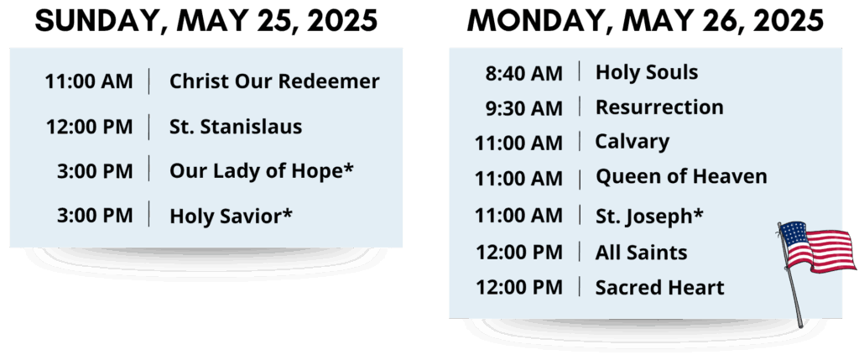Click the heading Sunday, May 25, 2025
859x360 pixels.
pyautogui.click(x=206, y=21)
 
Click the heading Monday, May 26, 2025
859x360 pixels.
pyautogui.click(x=645, y=21)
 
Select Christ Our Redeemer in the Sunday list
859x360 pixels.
pyautogui.click(x=274, y=81)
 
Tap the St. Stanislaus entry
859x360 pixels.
pyautogui.click(x=236, y=127)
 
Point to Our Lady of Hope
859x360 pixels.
pyautogui.click(x=262, y=171)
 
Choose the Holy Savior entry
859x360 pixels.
pyautogui.click(x=231, y=216)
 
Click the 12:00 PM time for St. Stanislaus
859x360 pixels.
pyautogui.click(x=89, y=127)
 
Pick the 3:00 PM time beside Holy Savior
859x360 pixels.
pyautogui.click(x=95, y=216)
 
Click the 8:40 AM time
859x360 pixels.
pyautogui.click(x=524, y=73)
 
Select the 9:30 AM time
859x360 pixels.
pyautogui.click(x=524, y=108)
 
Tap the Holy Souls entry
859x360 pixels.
pyautogui.click(x=647, y=72)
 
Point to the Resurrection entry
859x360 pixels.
pyautogui.click(x=659, y=107)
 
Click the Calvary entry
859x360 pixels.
pyautogui.click(x=633, y=142)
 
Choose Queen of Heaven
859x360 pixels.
pyautogui.click(x=681, y=177)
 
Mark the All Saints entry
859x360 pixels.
pyautogui.click(x=642, y=253)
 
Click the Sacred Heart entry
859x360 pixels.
pyautogui.click(x=660, y=288)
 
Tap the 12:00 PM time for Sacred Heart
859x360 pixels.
pyautogui.click(x=518, y=288)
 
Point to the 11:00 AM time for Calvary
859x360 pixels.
pyautogui.click(x=518, y=143)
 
